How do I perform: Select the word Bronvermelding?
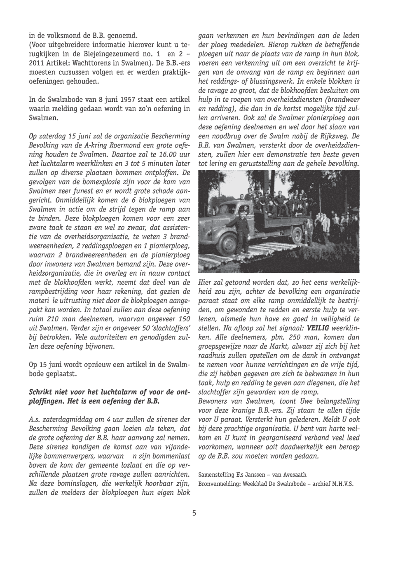click(218, 483)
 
